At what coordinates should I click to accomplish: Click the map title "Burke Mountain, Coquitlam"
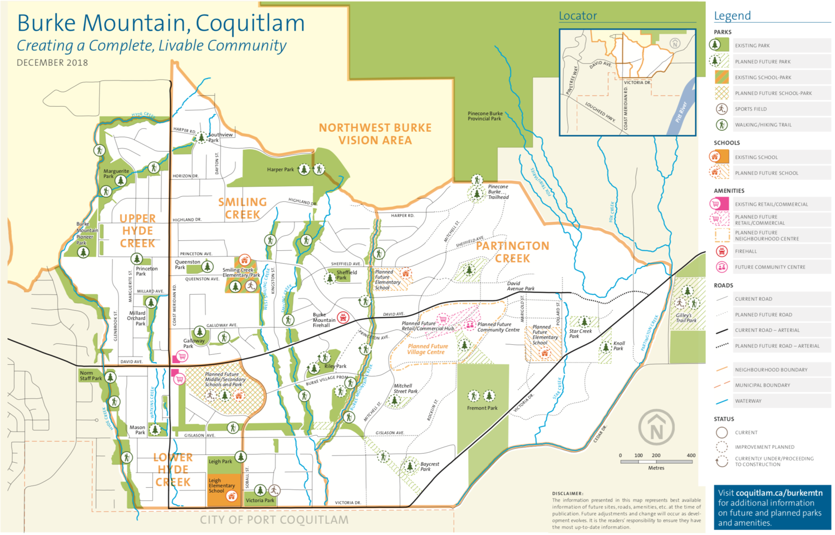pos(161,23)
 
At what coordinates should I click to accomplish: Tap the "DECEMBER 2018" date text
pos(52,63)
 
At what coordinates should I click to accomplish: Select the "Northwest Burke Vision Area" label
pos(375,134)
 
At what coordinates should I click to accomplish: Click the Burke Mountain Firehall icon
pos(343,318)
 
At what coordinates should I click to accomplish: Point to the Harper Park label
pos(280,170)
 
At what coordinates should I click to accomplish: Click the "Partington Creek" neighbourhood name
pos(512,252)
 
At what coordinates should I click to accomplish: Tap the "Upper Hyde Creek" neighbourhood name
pos(137,231)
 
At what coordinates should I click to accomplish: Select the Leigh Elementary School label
pos(222,486)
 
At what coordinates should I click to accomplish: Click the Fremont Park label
pos(482,408)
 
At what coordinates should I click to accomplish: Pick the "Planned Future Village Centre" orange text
pos(427,349)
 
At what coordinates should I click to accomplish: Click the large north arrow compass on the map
pos(656,428)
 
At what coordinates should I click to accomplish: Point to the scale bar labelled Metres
pos(657,461)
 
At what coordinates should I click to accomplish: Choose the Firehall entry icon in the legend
pos(721,251)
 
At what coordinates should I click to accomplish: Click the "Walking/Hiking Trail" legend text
pos(763,125)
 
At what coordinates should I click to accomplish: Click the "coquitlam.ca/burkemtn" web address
pos(779,493)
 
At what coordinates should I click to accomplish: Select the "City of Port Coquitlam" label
pos(274,520)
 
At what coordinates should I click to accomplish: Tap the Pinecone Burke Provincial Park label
pos(484,116)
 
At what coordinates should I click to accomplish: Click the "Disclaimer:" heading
pos(567,493)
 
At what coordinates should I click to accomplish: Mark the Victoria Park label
pos(260,501)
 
